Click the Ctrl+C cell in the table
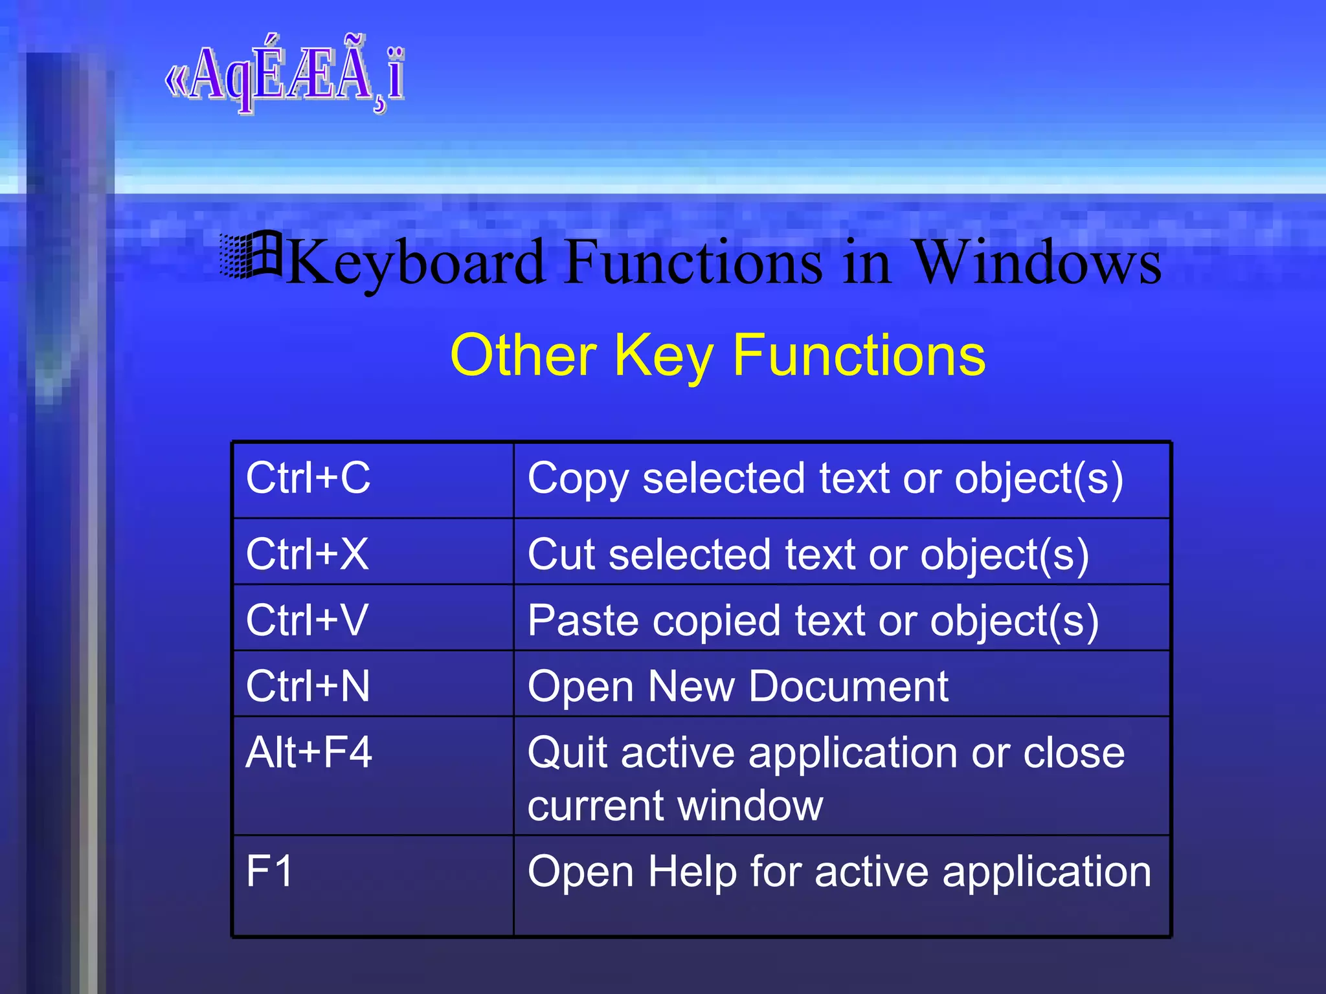coord(308,479)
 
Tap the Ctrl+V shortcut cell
coord(307,620)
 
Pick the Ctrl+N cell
coord(308,686)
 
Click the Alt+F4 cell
coord(309,753)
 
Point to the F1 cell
coord(269,871)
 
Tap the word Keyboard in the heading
coord(414,263)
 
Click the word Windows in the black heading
coord(1036,263)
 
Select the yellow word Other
coord(523,355)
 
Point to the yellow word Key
coord(664,357)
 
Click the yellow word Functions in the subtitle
coord(859,355)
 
